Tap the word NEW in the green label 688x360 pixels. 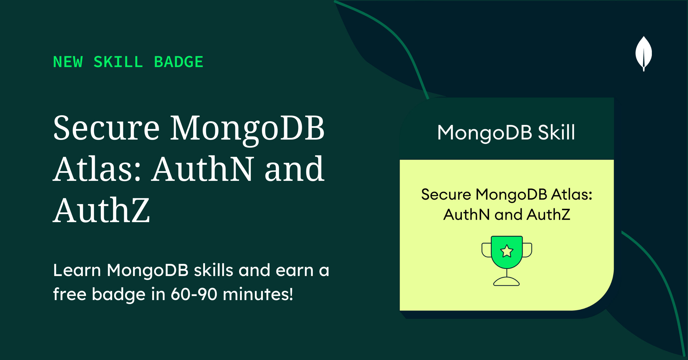click(x=68, y=62)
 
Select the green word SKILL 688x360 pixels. click(x=118, y=62)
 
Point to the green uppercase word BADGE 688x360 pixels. click(x=179, y=62)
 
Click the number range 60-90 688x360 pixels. click(x=194, y=294)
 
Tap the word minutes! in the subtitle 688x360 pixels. click(x=258, y=294)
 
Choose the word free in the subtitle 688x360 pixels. click(x=70, y=294)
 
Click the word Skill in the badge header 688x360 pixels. click(x=556, y=132)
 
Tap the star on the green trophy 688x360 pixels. click(x=507, y=251)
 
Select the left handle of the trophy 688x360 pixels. click(x=486, y=250)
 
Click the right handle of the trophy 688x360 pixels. click(x=527, y=250)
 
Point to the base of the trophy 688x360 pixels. click(x=506, y=281)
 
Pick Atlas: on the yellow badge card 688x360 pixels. click(x=572, y=194)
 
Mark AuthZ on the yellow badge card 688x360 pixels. click(x=549, y=215)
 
